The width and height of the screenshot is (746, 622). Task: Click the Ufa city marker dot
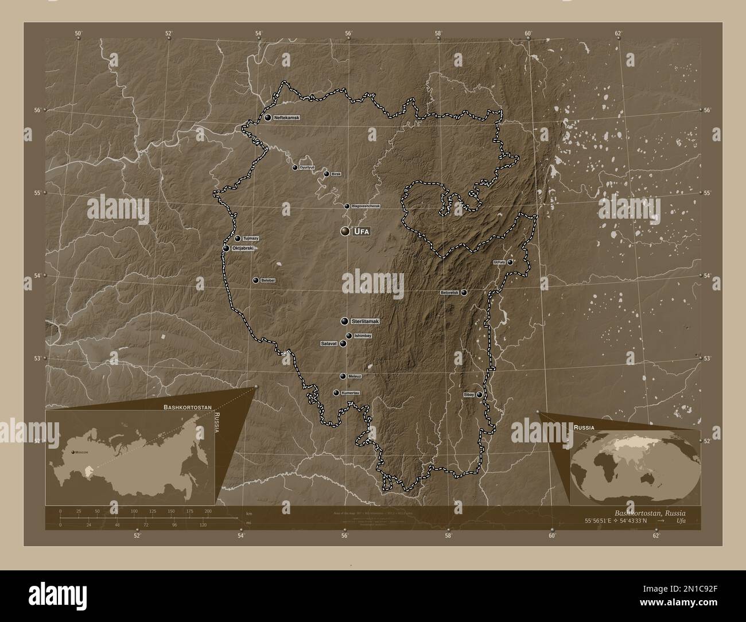coord(344,231)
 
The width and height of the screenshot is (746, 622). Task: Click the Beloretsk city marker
coord(464,293)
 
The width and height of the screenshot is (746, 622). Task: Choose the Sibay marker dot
coord(479,395)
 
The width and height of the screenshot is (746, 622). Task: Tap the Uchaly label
coord(499,262)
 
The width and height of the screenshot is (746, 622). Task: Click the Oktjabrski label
coord(243,248)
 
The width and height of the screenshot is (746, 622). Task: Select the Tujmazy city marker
coord(238,238)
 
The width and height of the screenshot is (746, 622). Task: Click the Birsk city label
coord(336,174)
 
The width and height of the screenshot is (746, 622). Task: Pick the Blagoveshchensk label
coord(366,206)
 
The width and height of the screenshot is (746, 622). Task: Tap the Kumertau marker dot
coord(336,393)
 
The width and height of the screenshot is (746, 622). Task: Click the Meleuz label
coord(354,376)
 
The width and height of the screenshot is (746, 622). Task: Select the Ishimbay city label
coord(363,336)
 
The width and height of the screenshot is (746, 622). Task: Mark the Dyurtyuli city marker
coord(295,168)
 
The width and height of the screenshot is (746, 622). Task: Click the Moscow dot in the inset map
coord(73,453)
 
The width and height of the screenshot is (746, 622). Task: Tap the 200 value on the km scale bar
coord(208,511)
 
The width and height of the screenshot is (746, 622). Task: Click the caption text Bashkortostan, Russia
coord(649,512)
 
